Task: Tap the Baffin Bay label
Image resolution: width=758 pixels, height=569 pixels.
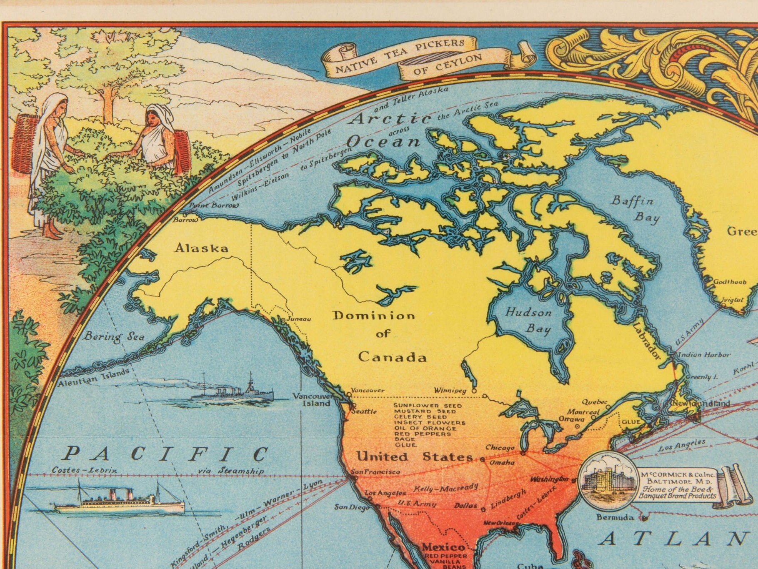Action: [x=635, y=208]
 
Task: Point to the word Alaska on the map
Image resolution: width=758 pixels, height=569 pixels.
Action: [x=201, y=248]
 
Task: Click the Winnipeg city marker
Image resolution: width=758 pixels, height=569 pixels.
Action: [x=474, y=391]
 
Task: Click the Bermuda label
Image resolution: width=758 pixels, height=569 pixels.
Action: [x=615, y=518]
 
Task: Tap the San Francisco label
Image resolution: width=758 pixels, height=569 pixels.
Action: [x=375, y=472]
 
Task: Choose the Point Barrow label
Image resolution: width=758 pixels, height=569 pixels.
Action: [x=214, y=206]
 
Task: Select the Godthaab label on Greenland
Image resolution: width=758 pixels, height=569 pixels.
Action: [x=730, y=282]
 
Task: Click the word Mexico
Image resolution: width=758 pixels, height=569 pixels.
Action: [x=443, y=547]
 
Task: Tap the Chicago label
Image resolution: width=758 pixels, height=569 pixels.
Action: [x=500, y=448]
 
